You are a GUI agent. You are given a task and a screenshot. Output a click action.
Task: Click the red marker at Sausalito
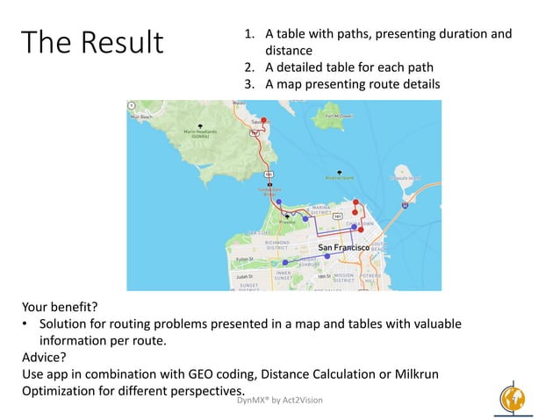pos(263,119)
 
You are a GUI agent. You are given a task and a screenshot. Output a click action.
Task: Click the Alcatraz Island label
pos(341,177)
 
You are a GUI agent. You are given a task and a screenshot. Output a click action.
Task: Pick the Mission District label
pos(343,278)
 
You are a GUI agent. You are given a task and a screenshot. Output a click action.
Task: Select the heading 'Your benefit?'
pos(61,308)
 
